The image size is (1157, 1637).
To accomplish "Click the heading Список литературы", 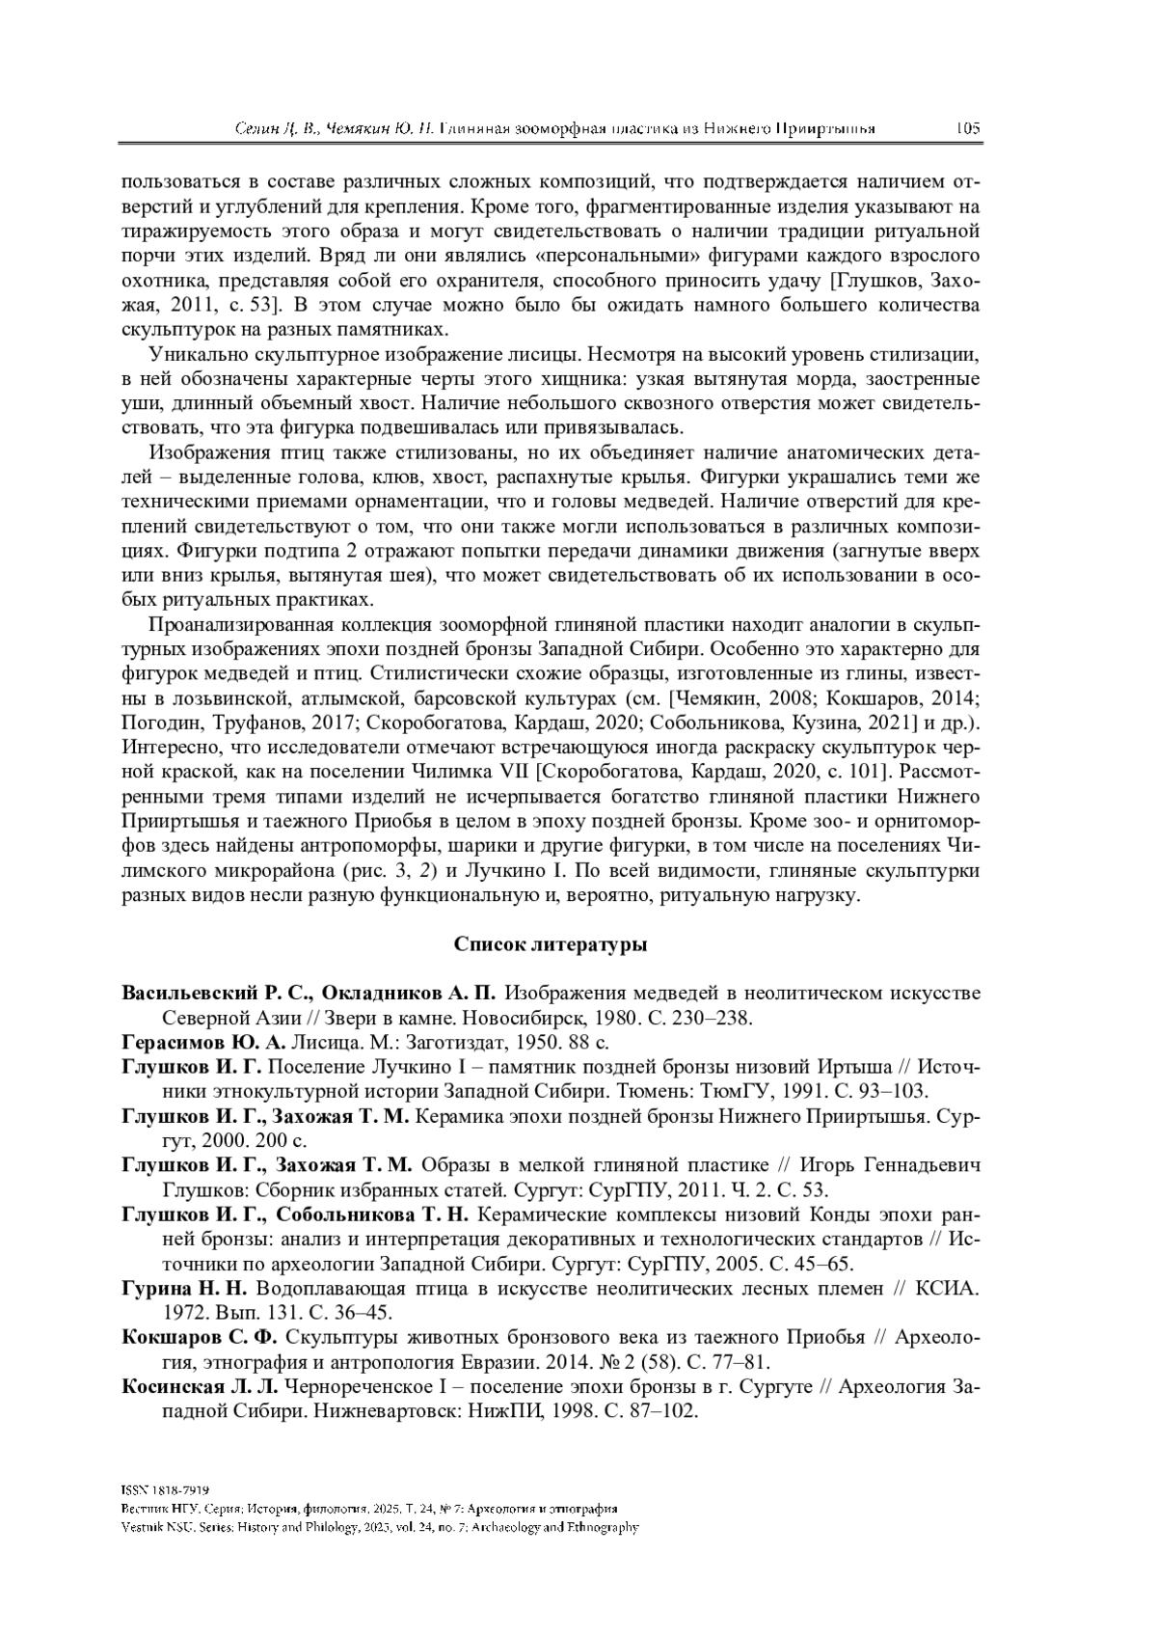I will (550, 944).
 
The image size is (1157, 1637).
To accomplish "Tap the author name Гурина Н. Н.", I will (185, 1288).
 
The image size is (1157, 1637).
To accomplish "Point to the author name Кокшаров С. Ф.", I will (200, 1337).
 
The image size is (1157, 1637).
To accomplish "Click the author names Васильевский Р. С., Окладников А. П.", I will (309, 994).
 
